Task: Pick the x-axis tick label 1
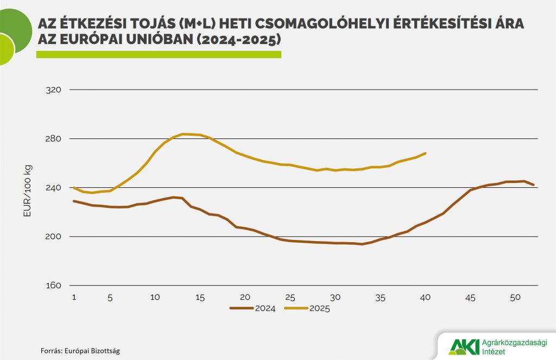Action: (73, 297)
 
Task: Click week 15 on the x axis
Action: (200, 297)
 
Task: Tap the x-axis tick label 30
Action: (336, 297)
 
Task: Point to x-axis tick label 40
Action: (426, 297)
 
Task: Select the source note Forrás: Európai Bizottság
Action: (80, 351)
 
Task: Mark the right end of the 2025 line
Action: (426, 153)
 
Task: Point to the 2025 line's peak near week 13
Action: (182, 134)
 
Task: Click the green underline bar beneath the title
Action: (159, 54)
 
